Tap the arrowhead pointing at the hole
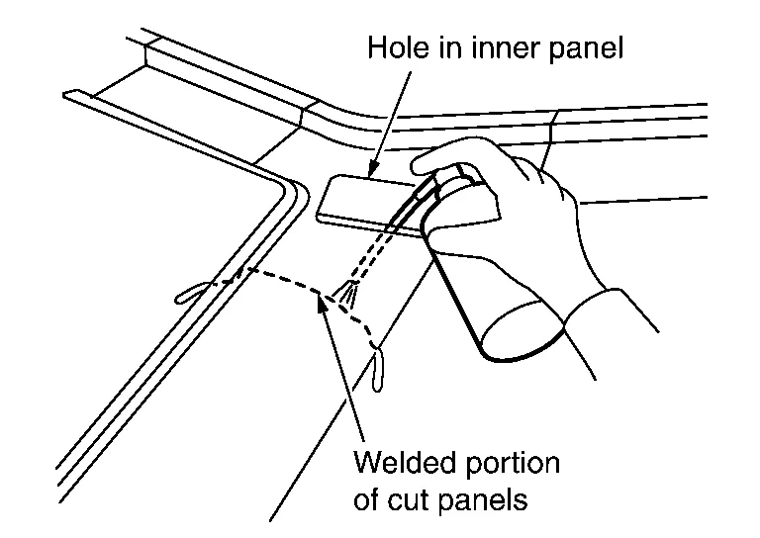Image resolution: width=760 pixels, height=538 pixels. (372, 171)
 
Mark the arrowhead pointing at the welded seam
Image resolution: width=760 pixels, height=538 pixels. (322, 302)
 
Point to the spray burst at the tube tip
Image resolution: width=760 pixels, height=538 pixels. (346, 293)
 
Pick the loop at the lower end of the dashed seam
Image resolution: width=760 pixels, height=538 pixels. (378, 370)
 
